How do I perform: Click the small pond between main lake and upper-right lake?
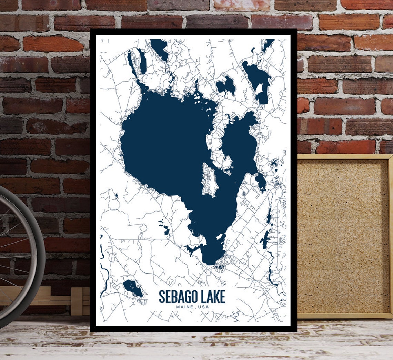(226, 86)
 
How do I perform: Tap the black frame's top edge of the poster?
(193, 32)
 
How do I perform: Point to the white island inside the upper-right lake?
(259, 89)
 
